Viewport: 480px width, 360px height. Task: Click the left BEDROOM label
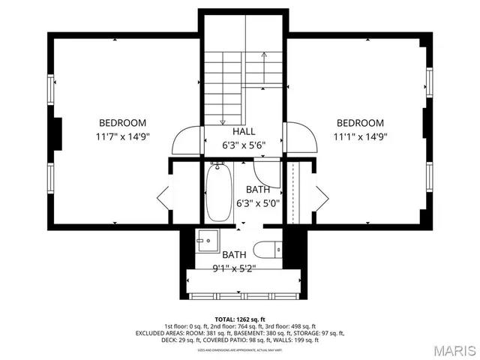pyautogui.click(x=122, y=123)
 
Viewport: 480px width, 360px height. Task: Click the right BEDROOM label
pyautogui.click(x=360, y=123)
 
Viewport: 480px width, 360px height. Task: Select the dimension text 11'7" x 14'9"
pyautogui.click(x=122, y=137)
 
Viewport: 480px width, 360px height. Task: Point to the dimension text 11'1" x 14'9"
pyautogui.click(x=360, y=137)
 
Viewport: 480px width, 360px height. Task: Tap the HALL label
pyautogui.click(x=232, y=131)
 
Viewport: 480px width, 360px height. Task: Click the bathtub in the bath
pyautogui.click(x=219, y=193)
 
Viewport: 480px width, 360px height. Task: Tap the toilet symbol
pyautogui.click(x=267, y=249)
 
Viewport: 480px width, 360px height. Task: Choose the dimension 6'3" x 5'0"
pyautogui.click(x=257, y=203)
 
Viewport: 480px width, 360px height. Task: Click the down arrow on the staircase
pyautogui.click(x=222, y=120)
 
